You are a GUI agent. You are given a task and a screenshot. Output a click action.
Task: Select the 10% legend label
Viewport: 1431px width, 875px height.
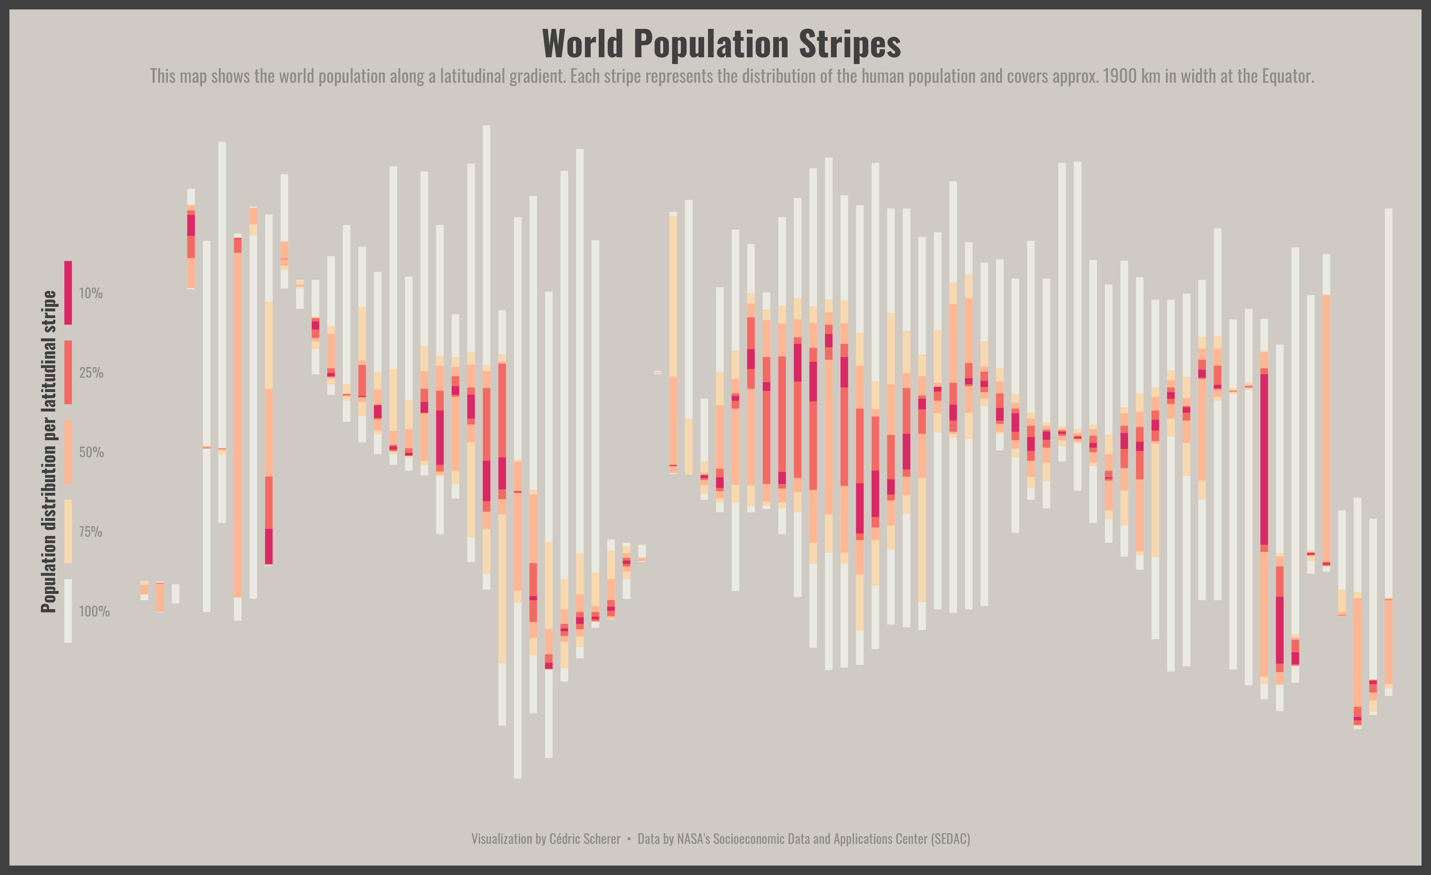[91, 293]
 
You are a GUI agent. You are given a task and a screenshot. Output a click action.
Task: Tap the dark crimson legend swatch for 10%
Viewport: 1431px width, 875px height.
[68, 293]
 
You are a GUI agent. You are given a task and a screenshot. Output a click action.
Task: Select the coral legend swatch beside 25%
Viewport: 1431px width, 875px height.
[68, 372]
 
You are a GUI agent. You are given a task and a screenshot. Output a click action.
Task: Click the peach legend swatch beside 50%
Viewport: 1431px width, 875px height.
[68, 452]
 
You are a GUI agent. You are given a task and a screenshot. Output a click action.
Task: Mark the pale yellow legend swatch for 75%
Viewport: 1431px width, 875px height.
[68, 532]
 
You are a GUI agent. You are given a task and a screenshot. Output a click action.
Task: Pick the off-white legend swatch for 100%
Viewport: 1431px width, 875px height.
[68, 611]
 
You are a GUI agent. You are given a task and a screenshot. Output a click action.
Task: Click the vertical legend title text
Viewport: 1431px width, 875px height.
[49, 452]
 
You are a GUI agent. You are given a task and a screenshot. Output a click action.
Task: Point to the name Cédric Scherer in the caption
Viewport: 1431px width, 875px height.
[585, 839]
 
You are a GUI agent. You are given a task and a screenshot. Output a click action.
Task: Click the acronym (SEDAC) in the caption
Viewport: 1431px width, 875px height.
[950, 839]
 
